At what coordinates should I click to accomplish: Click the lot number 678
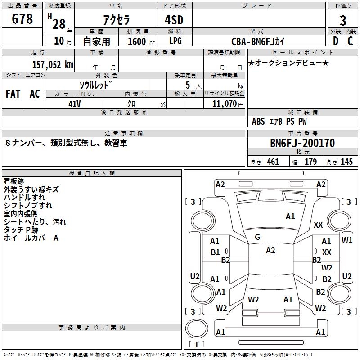point(22,18)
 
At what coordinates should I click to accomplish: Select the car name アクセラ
point(117,20)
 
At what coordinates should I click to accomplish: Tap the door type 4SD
point(174,20)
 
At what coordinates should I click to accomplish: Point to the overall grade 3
point(343,20)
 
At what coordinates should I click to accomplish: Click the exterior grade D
point(336,41)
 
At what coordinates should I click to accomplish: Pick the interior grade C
point(350,41)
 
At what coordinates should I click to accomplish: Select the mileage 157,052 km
point(53,65)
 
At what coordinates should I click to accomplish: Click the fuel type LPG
point(175,41)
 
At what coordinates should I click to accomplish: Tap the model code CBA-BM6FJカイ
point(257,41)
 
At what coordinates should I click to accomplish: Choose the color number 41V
point(75,104)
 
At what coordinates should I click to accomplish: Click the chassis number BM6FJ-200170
point(302,143)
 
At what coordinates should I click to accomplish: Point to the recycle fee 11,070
point(224,104)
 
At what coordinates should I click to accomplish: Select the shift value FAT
point(13,94)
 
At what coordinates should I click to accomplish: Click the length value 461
point(273,162)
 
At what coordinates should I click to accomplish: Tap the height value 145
point(346,162)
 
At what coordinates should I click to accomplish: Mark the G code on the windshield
point(257,237)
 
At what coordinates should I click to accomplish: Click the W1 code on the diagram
point(347,240)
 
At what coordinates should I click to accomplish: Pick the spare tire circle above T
point(197,328)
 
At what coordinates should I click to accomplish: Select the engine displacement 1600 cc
point(141,41)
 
